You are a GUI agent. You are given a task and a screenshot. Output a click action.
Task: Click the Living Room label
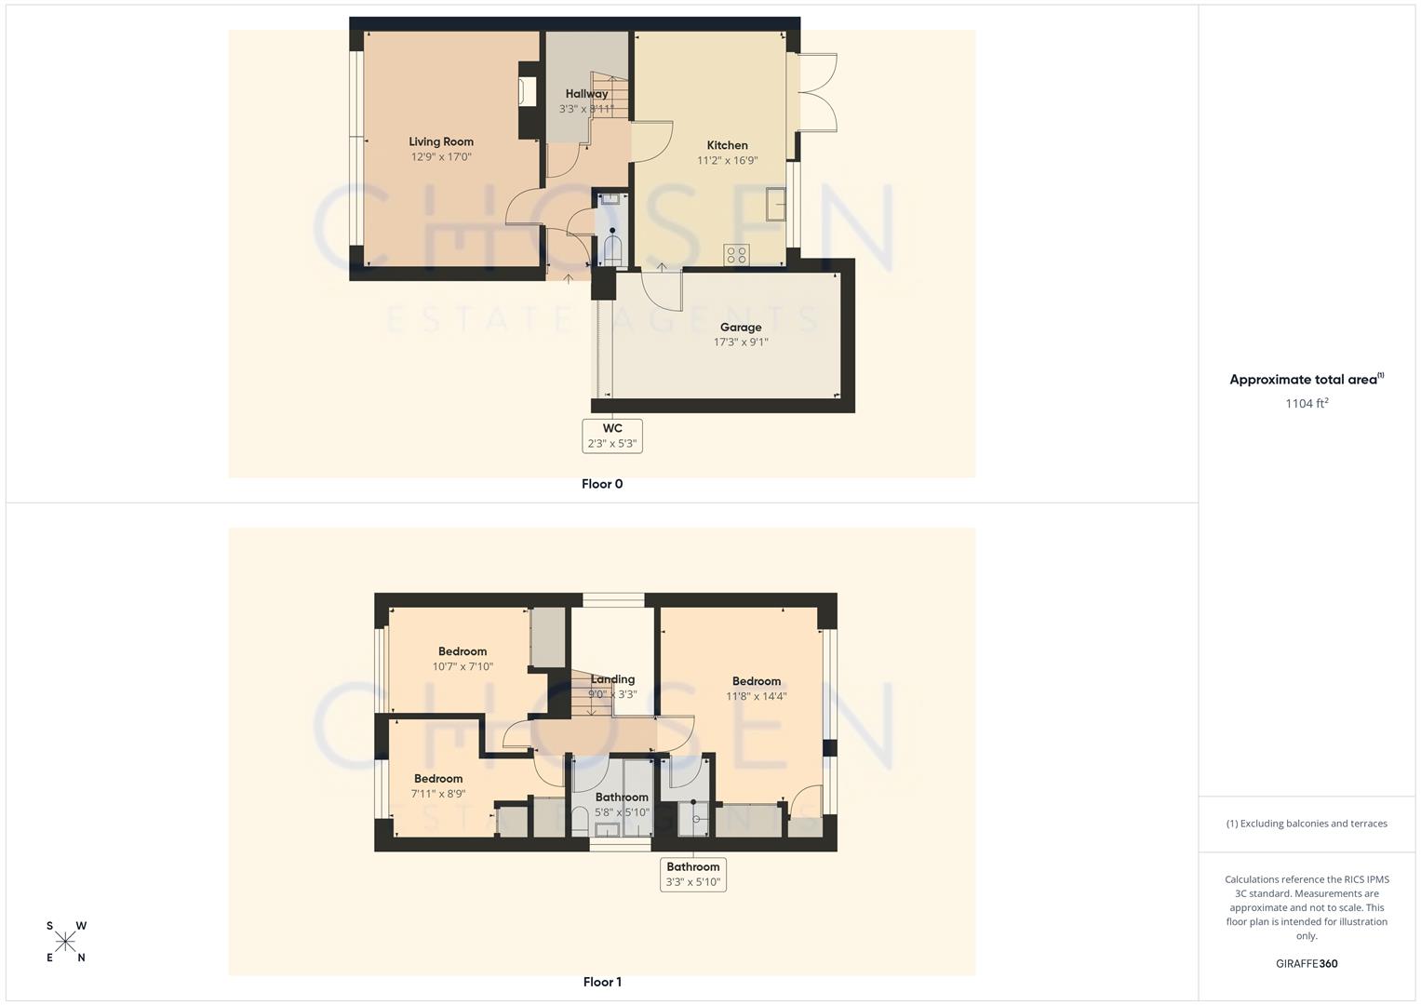(x=441, y=142)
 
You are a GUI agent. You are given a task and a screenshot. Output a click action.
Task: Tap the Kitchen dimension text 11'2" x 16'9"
(x=727, y=160)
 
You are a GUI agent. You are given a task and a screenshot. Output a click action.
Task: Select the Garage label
(x=741, y=328)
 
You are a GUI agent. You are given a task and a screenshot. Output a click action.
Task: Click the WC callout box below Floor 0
(x=612, y=435)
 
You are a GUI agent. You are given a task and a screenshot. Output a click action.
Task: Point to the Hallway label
(x=586, y=94)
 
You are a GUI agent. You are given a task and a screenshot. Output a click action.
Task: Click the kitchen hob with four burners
(x=736, y=254)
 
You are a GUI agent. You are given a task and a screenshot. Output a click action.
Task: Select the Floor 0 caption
(x=602, y=484)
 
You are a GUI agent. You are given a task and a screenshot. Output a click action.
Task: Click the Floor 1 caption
(x=602, y=982)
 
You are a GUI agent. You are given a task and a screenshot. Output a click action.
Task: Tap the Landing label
(x=612, y=679)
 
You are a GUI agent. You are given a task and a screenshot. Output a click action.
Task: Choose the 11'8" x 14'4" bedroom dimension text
(x=757, y=696)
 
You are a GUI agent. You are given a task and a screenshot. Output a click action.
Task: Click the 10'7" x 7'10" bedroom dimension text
(x=462, y=666)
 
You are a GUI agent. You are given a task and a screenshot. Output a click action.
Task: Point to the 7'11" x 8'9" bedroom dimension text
(x=438, y=794)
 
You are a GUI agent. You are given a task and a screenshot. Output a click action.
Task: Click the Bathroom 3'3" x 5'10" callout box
(x=693, y=875)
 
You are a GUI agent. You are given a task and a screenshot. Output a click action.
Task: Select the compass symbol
(x=66, y=942)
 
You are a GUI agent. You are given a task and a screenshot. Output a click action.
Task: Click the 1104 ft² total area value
(x=1307, y=403)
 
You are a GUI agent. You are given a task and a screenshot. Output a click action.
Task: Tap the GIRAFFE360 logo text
(x=1307, y=964)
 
